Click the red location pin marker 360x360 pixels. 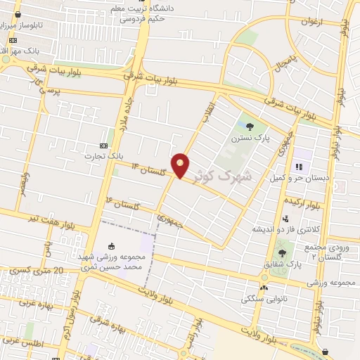181,165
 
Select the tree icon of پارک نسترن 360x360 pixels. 251,127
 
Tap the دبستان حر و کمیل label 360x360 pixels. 298,179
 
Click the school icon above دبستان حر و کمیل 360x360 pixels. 299,167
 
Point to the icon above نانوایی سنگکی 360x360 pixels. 264,288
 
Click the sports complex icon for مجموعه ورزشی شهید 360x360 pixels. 112,246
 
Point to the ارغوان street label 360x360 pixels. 310,22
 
